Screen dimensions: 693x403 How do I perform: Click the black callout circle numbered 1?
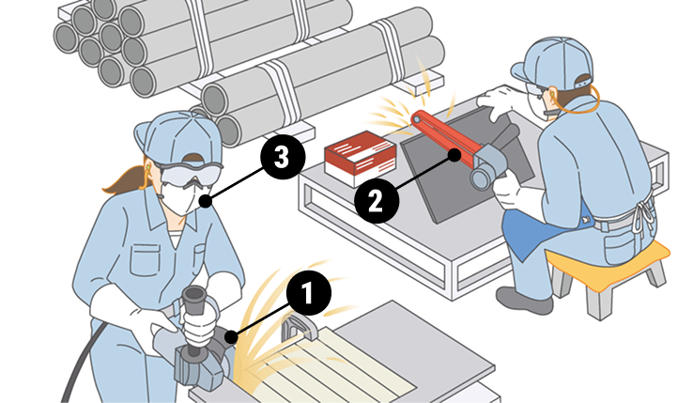309,293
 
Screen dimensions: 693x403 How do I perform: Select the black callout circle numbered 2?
377,200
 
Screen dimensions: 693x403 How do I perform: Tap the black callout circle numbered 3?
283,157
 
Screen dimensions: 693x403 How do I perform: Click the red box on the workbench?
361,159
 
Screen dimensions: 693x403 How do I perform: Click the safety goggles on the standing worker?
190,174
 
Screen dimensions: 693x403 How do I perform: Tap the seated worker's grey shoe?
524,300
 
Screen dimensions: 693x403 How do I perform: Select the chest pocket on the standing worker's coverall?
145,260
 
